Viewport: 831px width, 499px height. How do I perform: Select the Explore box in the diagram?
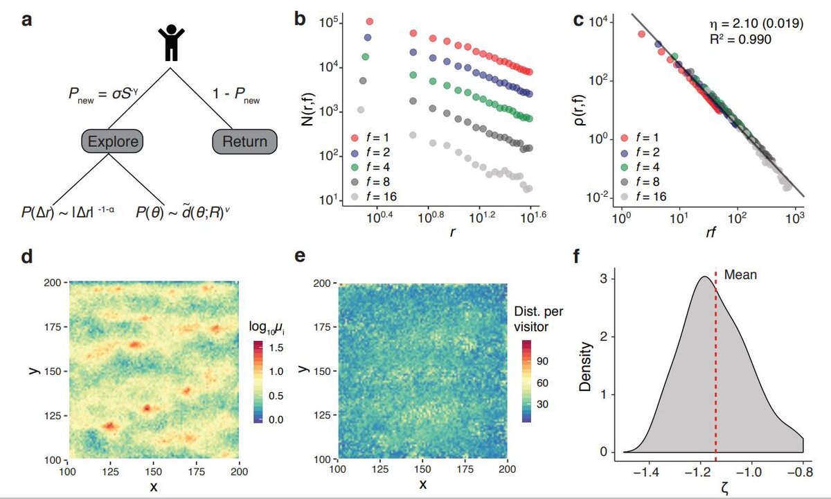(x=111, y=141)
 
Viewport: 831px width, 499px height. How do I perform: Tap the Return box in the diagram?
(x=244, y=141)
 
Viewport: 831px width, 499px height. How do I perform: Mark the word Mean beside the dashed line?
(x=740, y=274)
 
